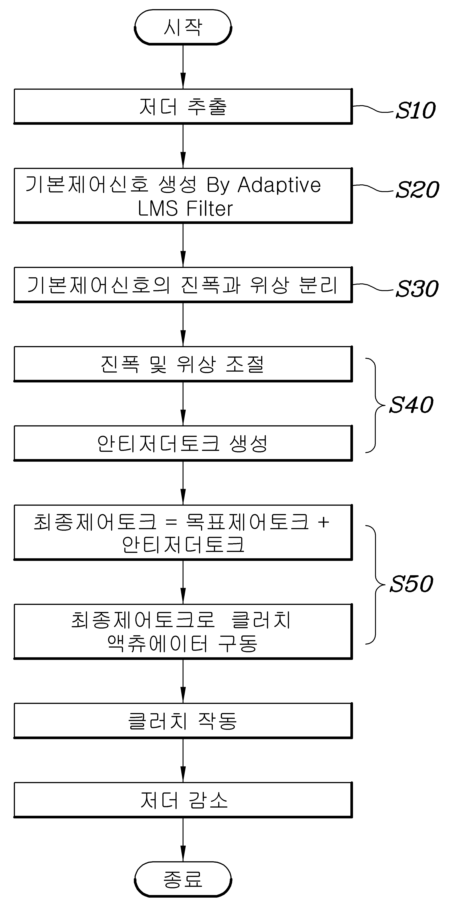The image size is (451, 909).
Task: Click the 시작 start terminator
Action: (183, 27)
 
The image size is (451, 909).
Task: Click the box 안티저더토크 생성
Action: (183, 443)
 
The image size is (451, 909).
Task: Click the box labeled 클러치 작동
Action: (183, 720)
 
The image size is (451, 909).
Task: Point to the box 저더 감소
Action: (183, 800)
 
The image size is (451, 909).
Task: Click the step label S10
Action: (415, 110)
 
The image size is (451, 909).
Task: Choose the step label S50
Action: (411, 584)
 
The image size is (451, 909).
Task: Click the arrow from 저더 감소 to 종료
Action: (183, 840)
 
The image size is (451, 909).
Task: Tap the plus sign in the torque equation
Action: (324, 522)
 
